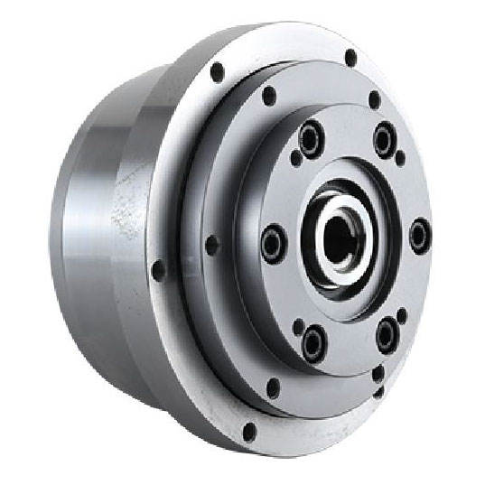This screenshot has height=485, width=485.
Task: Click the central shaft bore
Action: point(340,238)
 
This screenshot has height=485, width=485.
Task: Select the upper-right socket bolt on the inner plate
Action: point(385,140)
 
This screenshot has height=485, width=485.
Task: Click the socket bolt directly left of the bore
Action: point(274,242)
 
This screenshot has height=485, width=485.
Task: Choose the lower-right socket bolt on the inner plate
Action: point(387,334)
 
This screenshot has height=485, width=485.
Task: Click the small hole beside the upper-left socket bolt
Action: point(296,158)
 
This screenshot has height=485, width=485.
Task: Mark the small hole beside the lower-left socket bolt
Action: point(299,324)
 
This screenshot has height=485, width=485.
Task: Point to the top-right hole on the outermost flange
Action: point(350,58)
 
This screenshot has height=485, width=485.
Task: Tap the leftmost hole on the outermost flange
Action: point(159,270)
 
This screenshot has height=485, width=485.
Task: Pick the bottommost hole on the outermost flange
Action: point(249,432)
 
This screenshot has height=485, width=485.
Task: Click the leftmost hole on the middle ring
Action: point(212,245)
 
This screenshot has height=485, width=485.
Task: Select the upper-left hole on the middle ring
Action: point(268,95)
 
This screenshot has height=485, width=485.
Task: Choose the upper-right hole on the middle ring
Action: point(374,99)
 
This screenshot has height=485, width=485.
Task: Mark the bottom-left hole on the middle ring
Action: point(273,388)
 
